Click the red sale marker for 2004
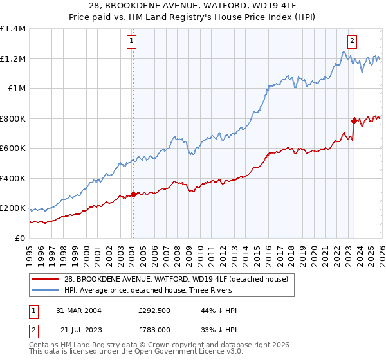coord(133,194)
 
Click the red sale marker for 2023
coord(354,120)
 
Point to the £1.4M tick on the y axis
coord(13,29)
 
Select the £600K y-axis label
coord(13,148)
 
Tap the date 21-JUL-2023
coord(75,330)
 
